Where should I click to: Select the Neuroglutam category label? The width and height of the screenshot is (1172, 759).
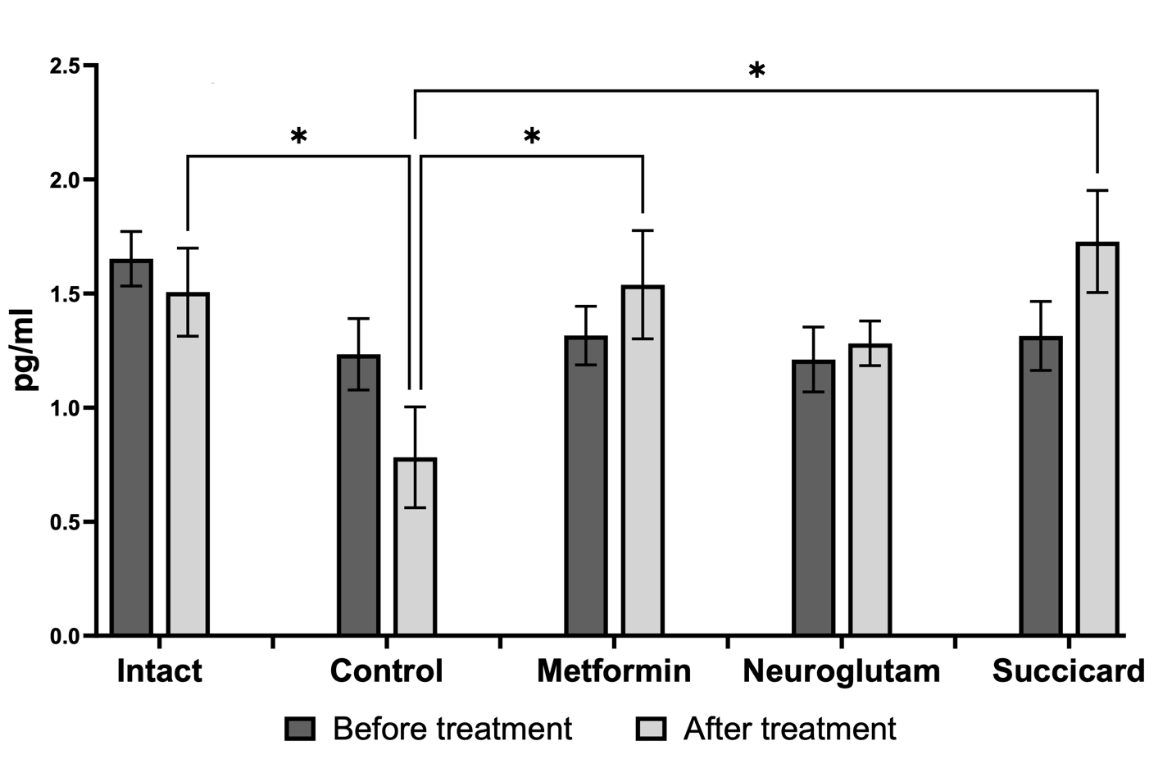click(841, 671)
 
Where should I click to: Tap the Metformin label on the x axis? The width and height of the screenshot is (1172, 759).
click(614, 671)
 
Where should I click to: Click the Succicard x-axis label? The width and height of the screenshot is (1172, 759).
click(1068, 671)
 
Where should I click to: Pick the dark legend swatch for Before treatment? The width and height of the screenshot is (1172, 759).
click(300, 729)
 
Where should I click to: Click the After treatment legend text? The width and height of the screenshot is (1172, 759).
click(789, 729)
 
